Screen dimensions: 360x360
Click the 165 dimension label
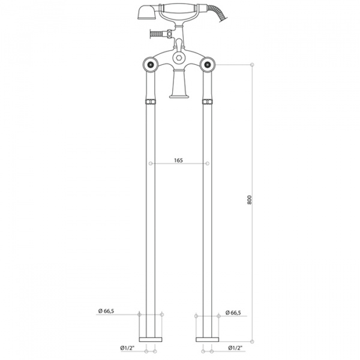coord(178,160)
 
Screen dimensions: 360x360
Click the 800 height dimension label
coord(250,200)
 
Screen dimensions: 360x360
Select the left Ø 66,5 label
coord(106,311)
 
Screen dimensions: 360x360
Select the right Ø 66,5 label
coord(233,313)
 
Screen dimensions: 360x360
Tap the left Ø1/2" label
coord(127,348)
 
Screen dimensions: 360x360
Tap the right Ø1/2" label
coord(235,348)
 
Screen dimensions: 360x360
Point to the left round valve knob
coord(151,65)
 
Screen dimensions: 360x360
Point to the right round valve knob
coord(208,65)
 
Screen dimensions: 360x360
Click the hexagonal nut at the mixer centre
coord(179,58)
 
